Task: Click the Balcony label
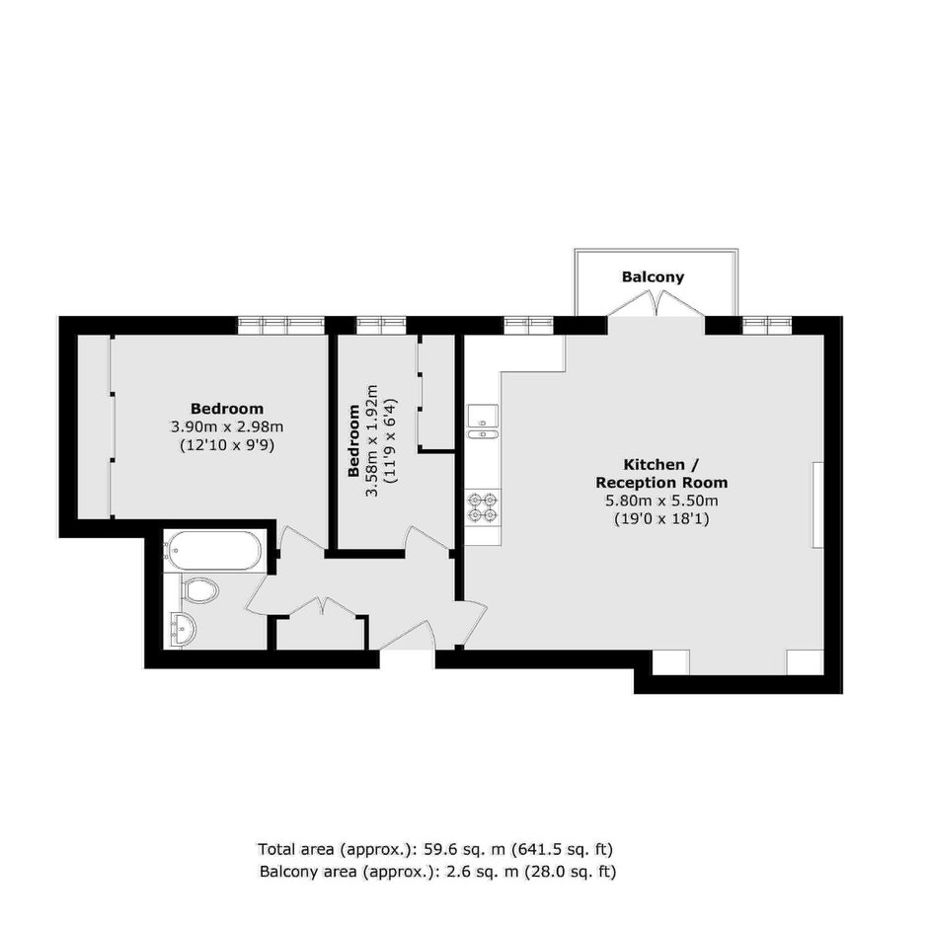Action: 653,277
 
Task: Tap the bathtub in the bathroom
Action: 212,551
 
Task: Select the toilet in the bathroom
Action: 198,591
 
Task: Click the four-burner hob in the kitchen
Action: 483,507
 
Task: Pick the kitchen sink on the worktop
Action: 483,423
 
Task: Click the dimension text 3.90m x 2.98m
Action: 227,426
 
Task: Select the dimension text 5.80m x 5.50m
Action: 661,501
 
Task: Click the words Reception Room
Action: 661,483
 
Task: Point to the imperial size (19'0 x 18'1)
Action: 661,519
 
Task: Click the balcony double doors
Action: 656,305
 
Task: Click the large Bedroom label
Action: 227,409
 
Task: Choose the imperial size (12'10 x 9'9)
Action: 227,445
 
